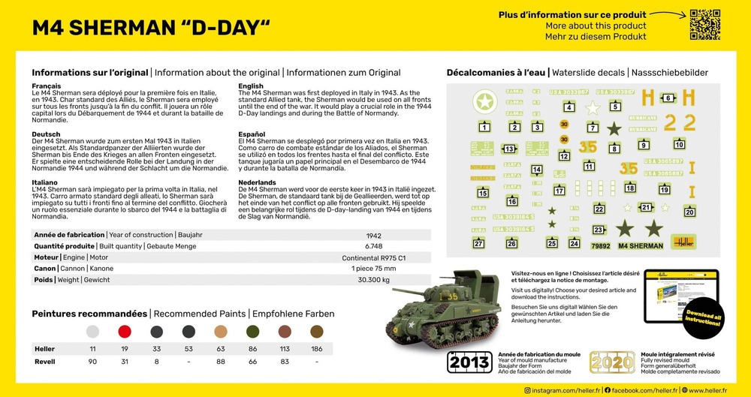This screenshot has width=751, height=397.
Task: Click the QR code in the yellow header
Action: tap(704, 25)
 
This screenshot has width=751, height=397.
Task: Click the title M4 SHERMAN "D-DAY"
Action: tap(151, 28)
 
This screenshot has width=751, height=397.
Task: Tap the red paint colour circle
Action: tap(125, 331)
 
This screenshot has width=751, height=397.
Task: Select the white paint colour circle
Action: tap(92, 331)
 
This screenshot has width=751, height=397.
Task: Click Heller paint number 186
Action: tap(317, 349)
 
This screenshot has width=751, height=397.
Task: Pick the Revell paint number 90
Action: tap(92, 362)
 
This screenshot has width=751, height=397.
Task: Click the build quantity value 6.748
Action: tap(373, 245)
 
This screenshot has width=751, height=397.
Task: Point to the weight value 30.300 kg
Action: tap(373, 280)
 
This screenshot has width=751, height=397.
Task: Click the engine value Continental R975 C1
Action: tap(373, 257)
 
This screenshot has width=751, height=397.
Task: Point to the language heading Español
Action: tap(252, 134)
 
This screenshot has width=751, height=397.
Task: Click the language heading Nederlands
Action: tap(258, 182)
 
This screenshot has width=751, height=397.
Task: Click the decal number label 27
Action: tap(478, 243)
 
